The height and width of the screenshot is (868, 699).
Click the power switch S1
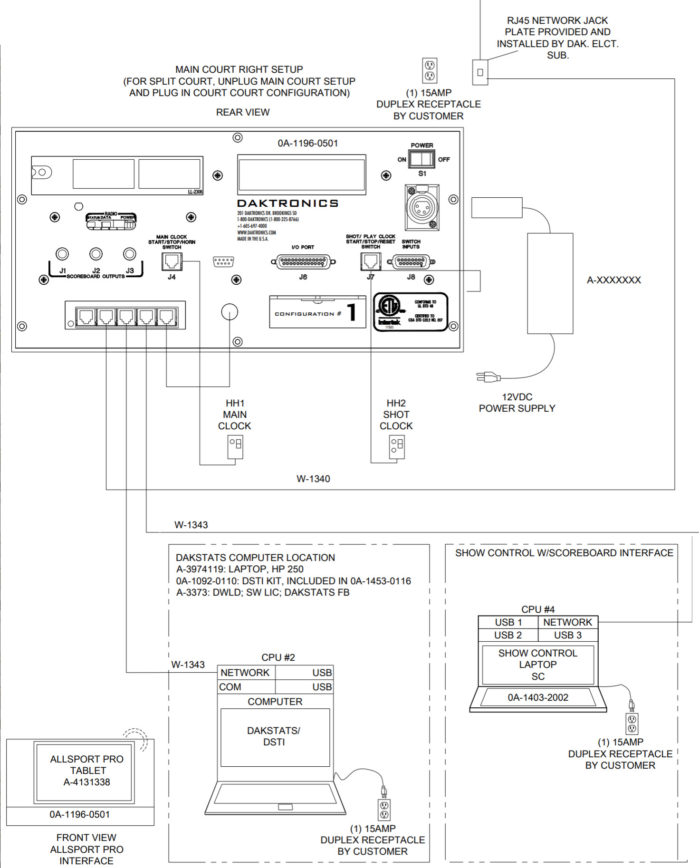[422, 159]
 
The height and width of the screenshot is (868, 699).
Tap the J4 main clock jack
[172, 261]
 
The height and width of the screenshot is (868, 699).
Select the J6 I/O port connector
[303, 261]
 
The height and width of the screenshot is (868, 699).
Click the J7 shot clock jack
[370, 261]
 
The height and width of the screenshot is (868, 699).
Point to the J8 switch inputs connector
[411, 261]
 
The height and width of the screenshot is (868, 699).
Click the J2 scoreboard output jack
[96, 254]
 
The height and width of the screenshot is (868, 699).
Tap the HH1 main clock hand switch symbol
[235, 447]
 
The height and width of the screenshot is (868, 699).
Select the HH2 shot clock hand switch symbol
[397, 447]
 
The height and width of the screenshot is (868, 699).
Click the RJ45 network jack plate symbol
[480, 72]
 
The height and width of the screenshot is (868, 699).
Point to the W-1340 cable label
[313, 479]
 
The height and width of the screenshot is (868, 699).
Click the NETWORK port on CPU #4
[567, 622]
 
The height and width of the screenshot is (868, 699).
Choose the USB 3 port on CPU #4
[567, 635]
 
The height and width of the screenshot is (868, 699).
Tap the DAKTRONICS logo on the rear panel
[287, 203]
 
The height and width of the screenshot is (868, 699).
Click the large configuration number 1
[352, 313]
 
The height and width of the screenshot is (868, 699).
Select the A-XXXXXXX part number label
[613, 280]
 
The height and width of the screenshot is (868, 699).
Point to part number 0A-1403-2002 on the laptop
[538, 697]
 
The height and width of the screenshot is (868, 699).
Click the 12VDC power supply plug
[488, 377]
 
